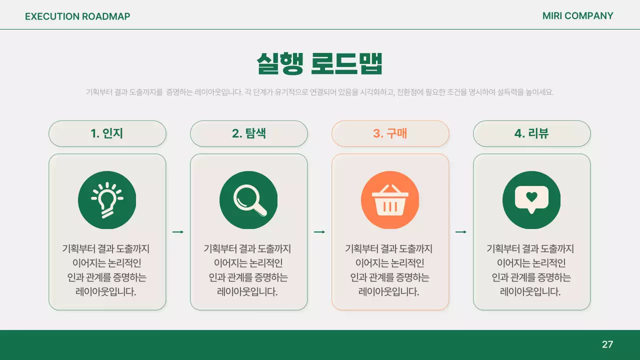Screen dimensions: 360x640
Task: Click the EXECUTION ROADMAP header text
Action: (77, 16)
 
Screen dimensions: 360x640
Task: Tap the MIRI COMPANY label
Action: (577, 16)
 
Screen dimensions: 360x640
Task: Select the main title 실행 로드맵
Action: (319, 63)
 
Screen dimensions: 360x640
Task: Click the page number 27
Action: (607, 344)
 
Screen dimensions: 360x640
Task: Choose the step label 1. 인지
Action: (107, 133)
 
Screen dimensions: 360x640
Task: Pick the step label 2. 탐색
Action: (248, 133)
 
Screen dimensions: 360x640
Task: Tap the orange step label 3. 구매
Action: (390, 133)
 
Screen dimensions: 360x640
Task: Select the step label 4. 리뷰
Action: (531, 133)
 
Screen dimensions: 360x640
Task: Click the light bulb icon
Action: (107, 200)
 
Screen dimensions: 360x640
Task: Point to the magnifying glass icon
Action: (248, 200)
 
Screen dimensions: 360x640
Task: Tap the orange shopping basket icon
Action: (390, 200)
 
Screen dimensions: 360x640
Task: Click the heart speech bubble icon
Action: (531, 200)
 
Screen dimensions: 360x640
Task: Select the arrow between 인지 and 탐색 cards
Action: (178, 232)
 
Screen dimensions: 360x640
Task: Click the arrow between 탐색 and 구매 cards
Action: (319, 232)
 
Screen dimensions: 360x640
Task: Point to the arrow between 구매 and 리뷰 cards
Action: (461, 232)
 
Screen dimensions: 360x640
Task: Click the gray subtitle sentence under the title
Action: (319, 92)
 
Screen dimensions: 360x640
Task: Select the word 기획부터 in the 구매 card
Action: (361, 248)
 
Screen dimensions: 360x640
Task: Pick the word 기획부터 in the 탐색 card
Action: (220, 248)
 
